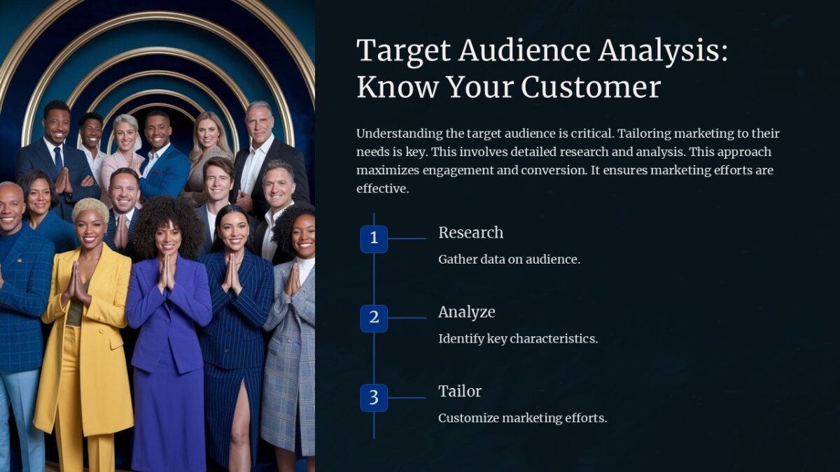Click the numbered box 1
(x=374, y=238)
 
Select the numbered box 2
(x=374, y=318)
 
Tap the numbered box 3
(x=374, y=398)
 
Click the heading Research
(x=470, y=233)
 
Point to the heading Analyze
(x=466, y=312)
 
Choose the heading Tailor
(x=459, y=391)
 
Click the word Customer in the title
(x=591, y=87)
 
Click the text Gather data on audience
(x=509, y=259)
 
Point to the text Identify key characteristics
(x=518, y=339)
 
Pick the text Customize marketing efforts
(x=522, y=418)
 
